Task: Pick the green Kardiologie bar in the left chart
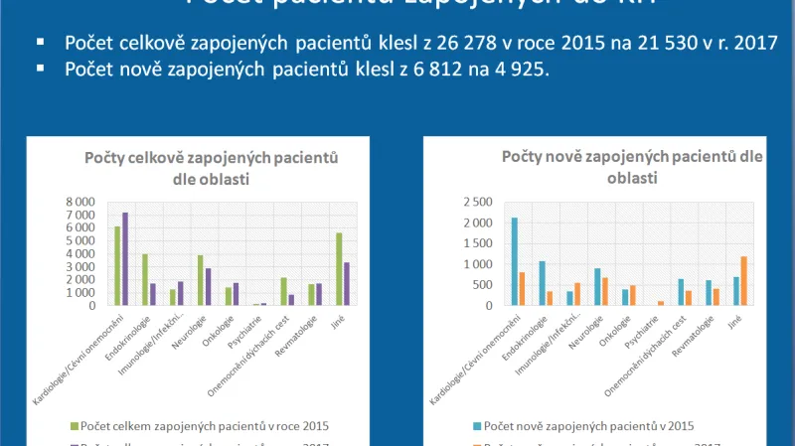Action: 117,265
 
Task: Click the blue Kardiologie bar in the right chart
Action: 514,261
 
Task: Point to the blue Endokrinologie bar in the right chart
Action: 542,283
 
